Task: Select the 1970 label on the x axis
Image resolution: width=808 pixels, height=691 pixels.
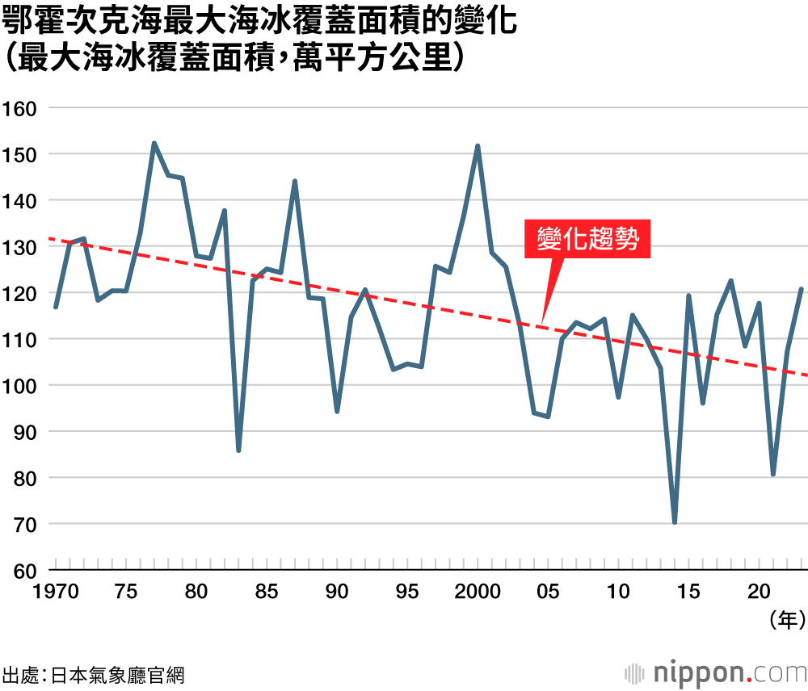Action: point(56,591)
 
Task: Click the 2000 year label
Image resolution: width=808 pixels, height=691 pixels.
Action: point(478,591)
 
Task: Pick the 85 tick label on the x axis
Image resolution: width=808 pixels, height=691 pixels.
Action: point(267,591)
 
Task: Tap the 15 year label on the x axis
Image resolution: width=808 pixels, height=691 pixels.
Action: point(688,591)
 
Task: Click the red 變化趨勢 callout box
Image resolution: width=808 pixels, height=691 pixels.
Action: point(587,240)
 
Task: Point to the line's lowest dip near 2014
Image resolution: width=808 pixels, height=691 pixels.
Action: point(674,522)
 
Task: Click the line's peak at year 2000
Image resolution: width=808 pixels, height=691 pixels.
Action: point(478,146)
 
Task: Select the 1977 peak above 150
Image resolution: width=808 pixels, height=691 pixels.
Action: point(154,144)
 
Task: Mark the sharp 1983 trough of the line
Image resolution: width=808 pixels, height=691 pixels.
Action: point(238,450)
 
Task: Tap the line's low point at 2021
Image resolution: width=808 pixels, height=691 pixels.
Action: point(773,474)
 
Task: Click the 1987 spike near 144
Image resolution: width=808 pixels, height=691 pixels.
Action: point(295,182)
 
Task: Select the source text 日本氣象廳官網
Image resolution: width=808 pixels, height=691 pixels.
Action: point(117,674)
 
